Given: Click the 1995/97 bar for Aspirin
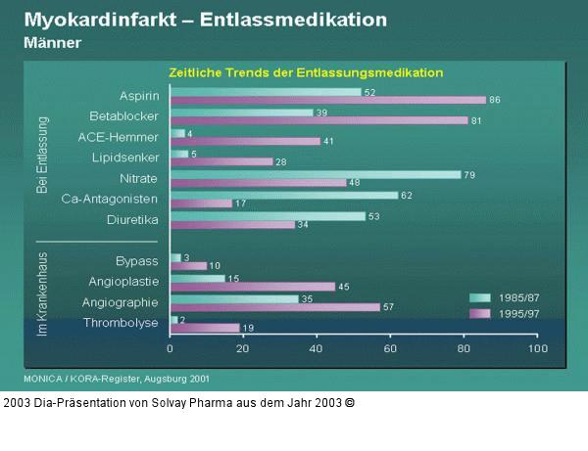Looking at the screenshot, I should [327, 100].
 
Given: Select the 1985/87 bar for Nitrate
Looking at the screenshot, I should [315, 174].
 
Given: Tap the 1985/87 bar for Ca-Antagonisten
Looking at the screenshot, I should [283, 196].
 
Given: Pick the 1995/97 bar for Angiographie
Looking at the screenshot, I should [274, 307].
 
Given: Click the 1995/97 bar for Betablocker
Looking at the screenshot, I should [318, 121].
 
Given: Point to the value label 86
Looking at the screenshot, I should [495, 100].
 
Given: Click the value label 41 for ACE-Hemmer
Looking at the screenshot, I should [329, 141].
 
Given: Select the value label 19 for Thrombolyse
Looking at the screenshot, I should [249, 329].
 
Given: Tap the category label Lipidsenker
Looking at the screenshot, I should [125, 157].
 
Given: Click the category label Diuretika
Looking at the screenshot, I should [132, 220].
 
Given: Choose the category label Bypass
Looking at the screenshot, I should [136, 261].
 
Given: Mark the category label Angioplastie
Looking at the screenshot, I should [122, 282].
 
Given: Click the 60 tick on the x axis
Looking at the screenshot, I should [389, 348].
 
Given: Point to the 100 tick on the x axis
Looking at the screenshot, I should [535, 348].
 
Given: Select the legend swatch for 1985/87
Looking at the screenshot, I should [480, 297].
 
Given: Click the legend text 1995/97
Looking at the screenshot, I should [519, 313].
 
